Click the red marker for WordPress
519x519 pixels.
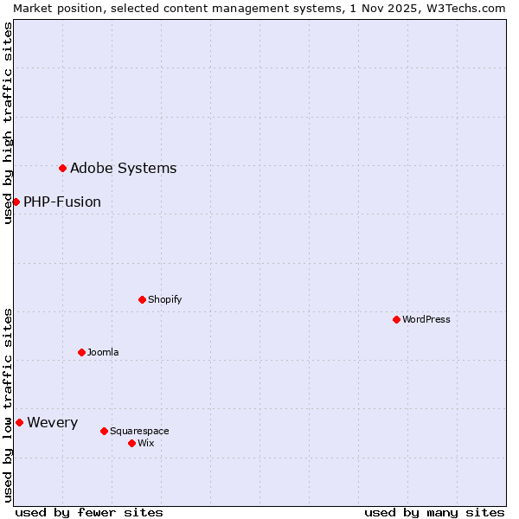396,319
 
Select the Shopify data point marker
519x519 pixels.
142,299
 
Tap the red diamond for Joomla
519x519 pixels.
81,352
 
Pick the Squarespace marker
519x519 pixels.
104,431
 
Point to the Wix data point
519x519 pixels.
131,443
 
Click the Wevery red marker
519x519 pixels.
19,422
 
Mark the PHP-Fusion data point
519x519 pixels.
16,202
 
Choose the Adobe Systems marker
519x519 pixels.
62,168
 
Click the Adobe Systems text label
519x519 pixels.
123,168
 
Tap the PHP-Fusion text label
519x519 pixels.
62,202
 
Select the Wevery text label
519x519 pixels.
52,423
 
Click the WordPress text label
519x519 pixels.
426,319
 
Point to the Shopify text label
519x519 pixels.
164,299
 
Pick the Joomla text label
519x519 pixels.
103,352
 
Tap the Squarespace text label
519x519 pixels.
139,431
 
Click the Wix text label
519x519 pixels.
145,443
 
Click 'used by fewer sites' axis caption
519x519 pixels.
89,512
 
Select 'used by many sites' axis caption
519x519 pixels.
434,512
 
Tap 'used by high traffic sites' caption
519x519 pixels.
8,123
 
